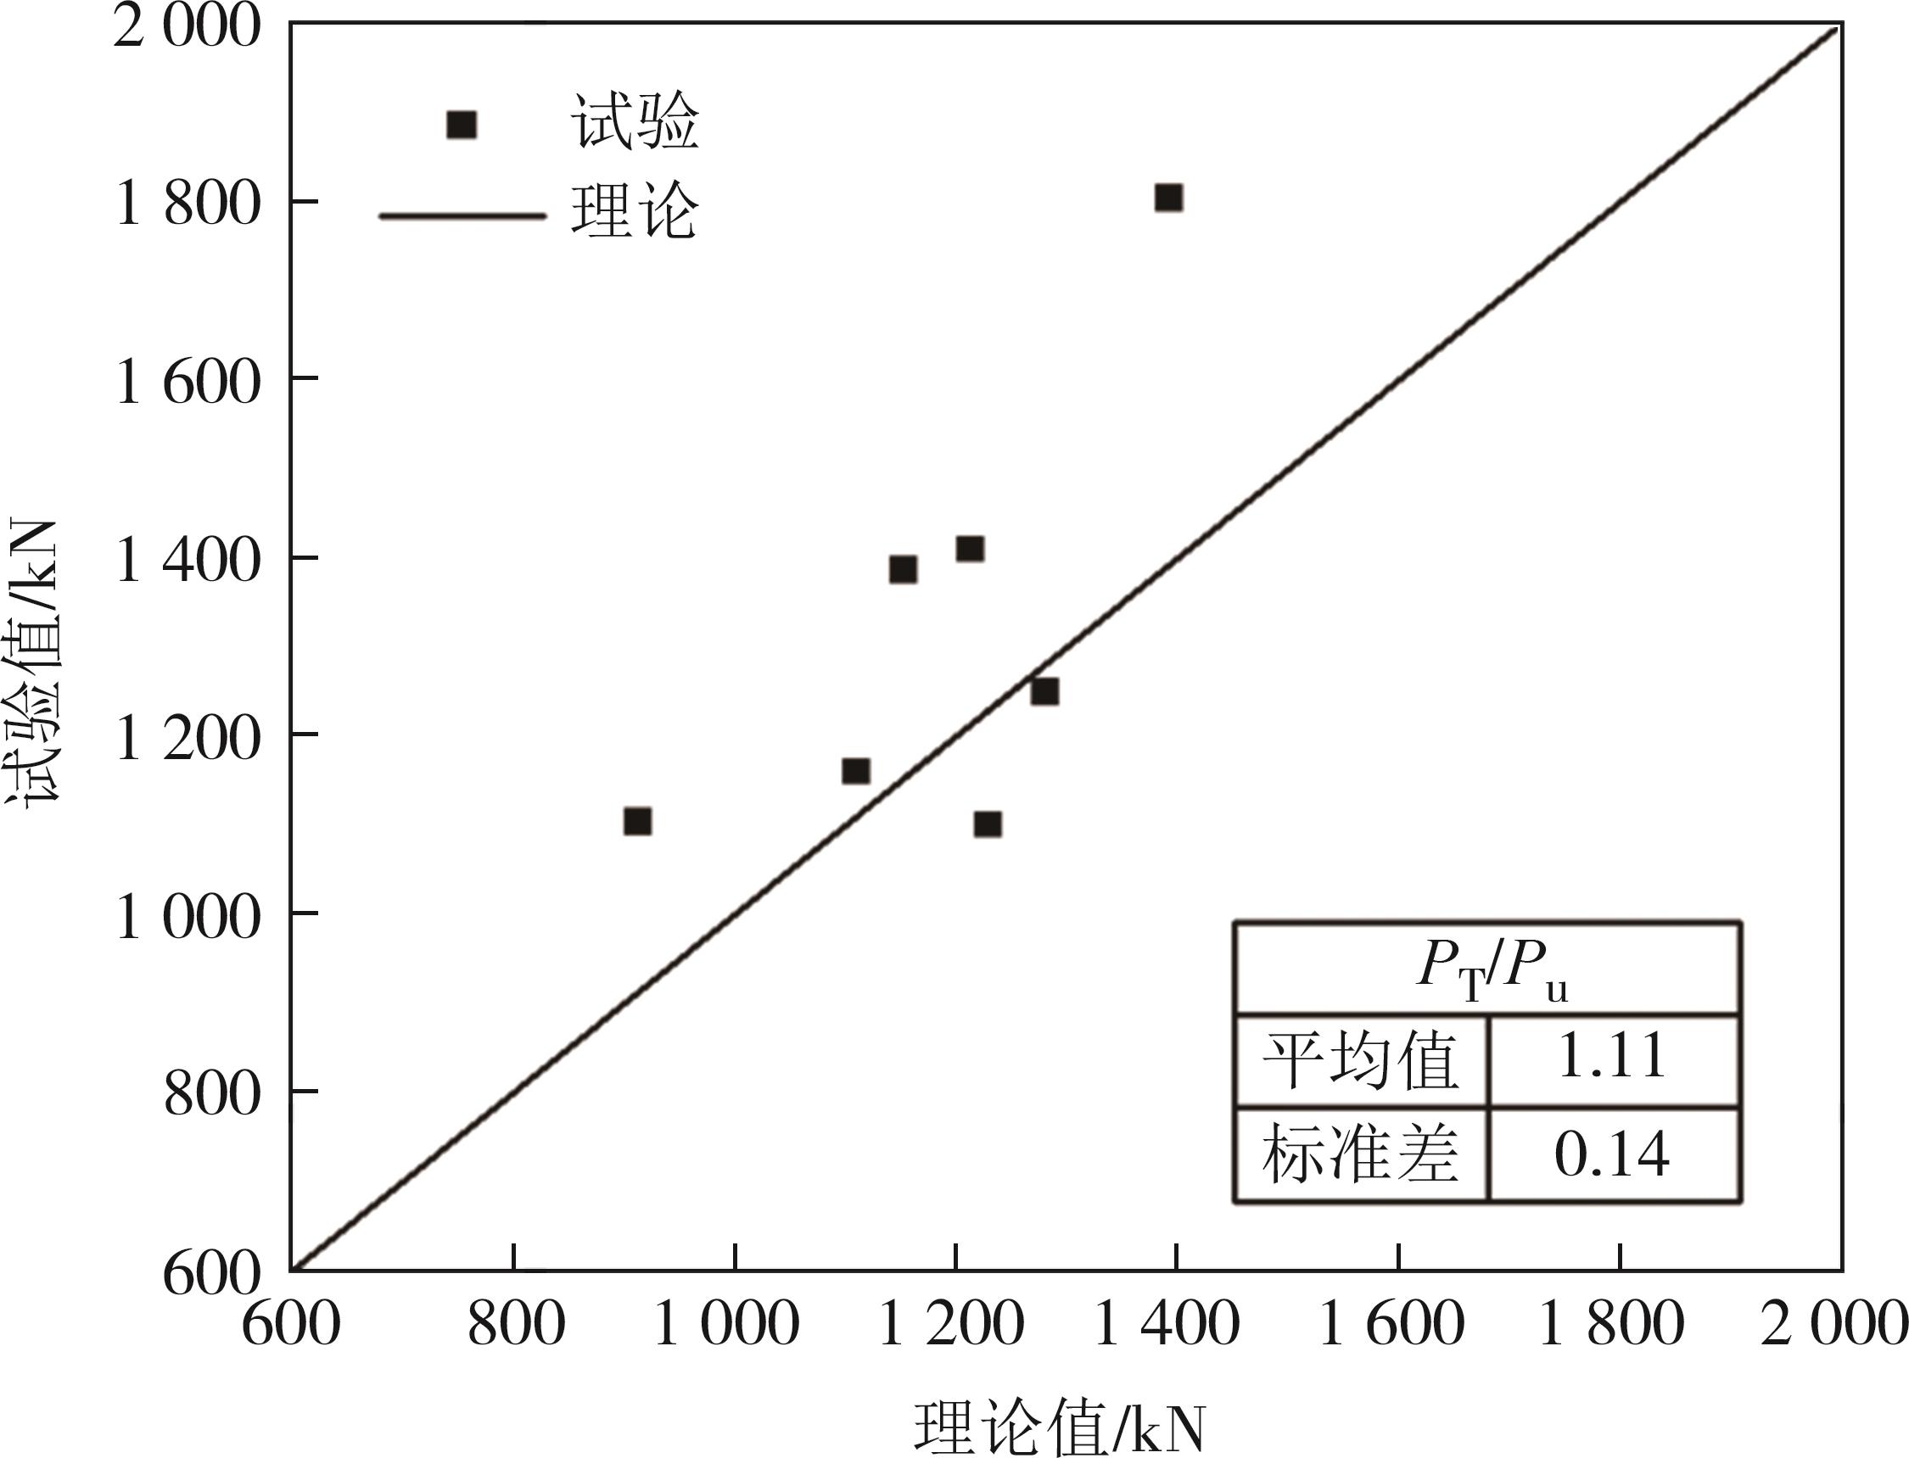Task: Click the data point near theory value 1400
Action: [1168, 198]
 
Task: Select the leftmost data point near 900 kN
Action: [637, 821]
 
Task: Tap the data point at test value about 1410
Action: [970, 550]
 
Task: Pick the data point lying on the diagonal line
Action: [1044, 692]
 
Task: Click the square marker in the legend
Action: [461, 125]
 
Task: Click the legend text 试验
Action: [635, 123]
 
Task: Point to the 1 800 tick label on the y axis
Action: [188, 204]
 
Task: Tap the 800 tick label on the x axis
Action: [516, 1326]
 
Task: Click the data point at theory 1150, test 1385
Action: [903, 569]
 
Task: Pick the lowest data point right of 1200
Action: [988, 824]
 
